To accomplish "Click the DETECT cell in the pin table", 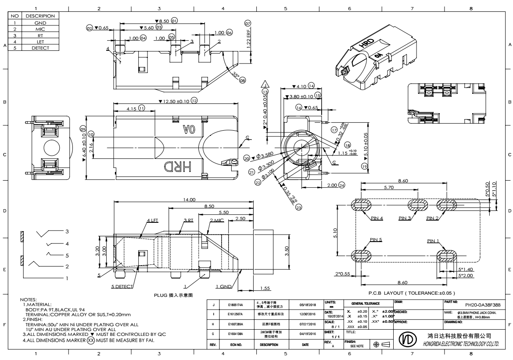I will [40, 47].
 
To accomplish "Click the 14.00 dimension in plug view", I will [189, 200].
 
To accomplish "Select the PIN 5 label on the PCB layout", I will [376, 239].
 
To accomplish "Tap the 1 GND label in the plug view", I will [224, 286].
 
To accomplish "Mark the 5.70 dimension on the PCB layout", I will [389, 187].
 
